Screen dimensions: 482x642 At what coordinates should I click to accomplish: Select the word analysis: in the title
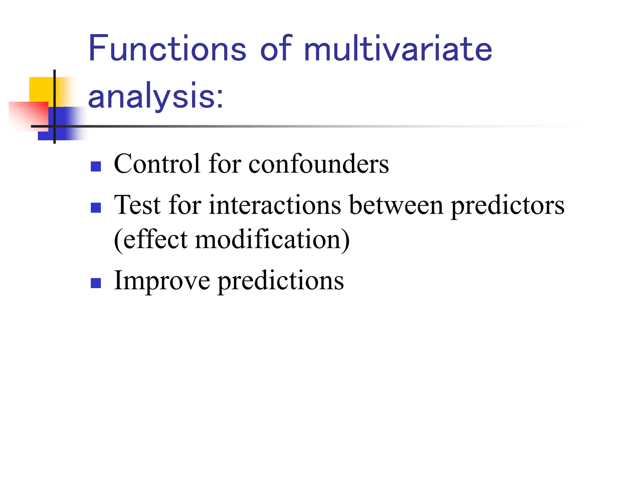pos(156,96)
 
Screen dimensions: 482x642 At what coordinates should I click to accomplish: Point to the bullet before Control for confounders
pos(96,166)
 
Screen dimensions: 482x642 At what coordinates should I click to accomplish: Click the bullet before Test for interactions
pos(96,207)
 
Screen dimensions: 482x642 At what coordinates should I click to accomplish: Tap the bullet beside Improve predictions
pos(96,283)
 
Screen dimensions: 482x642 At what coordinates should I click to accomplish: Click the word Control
pos(157,164)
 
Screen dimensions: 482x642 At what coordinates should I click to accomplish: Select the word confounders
pos(318,164)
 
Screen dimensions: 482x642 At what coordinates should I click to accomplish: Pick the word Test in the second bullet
pos(137,205)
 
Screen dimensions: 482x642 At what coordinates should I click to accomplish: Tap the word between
pos(396,205)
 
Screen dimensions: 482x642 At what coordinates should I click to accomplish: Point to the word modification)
pos(272,239)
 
